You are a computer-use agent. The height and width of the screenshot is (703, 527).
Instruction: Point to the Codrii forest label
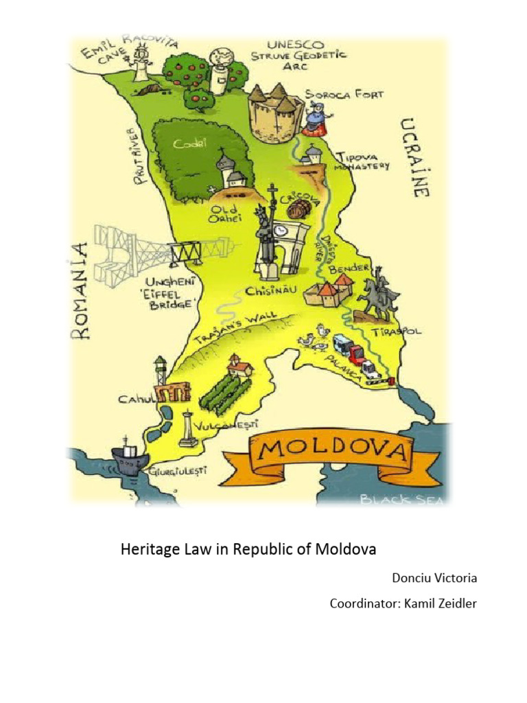pyautogui.click(x=185, y=144)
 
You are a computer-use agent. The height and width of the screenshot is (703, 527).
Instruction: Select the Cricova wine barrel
pyautogui.click(x=299, y=209)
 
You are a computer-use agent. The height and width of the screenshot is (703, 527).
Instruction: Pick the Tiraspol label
pyautogui.click(x=397, y=332)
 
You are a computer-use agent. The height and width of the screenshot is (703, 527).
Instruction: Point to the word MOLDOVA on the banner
pyautogui.click(x=329, y=452)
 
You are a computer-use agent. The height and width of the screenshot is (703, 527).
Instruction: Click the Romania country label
pyautogui.click(x=81, y=290)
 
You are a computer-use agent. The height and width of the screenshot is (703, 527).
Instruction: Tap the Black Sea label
pyautogui.click(x=403, y=500)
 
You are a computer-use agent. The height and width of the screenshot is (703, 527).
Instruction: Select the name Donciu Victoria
pyautogui.click(x=434, y=578)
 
